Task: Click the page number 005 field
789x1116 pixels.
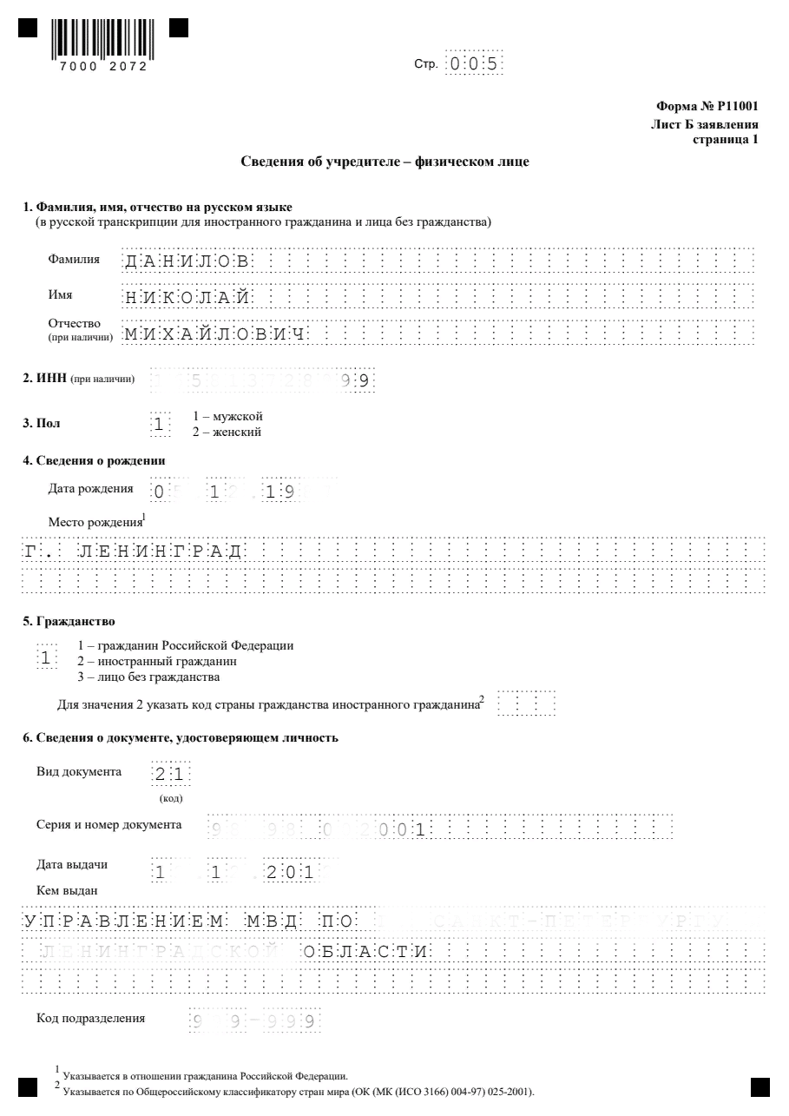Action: click(473, 64)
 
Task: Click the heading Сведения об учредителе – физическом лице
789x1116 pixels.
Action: click(384, 162)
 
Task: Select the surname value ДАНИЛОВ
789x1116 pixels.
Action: click(187, 261)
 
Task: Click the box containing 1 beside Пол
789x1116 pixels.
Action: click(160, 425)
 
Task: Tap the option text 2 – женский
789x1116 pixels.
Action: click(227, 432)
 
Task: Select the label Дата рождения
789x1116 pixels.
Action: click(90, 488)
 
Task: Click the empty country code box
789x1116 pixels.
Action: click(528, 703)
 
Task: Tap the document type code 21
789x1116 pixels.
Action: click(171, 775)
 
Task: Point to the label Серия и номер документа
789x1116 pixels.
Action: click(109, 824)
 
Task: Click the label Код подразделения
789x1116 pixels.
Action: click(90, 1018)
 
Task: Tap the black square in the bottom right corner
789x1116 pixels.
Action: click(759, 1086)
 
